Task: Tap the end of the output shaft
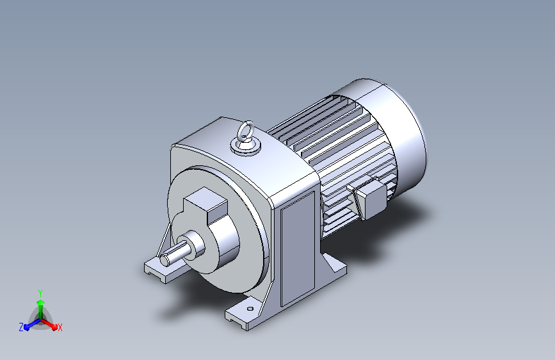165,259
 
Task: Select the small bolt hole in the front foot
250,309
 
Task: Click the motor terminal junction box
369,198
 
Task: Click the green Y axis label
40,293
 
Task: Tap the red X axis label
60,328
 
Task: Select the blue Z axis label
21,327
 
